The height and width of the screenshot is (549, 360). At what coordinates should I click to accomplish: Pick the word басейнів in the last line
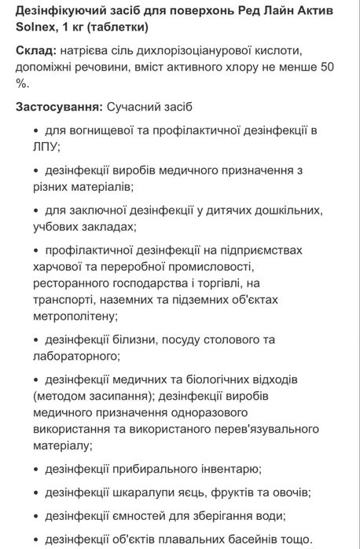[x=253, y=540]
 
